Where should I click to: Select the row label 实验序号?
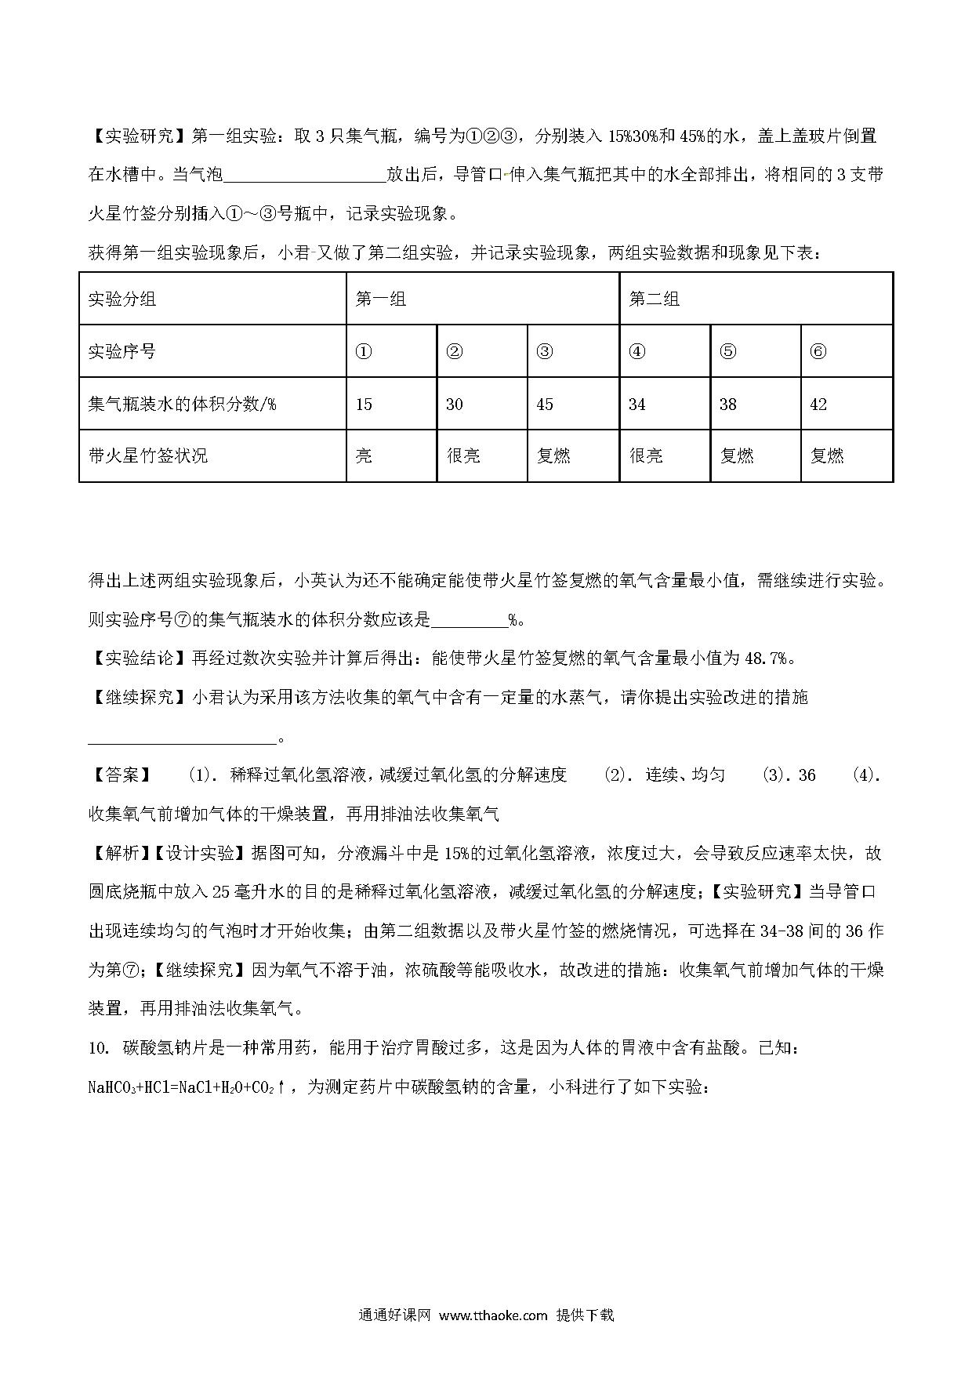[x=121, y=351]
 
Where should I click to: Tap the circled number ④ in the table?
[x=637, y=351]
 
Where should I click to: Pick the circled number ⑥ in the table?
[x=818, y=351]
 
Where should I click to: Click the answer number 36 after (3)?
[x=807, y=775]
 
